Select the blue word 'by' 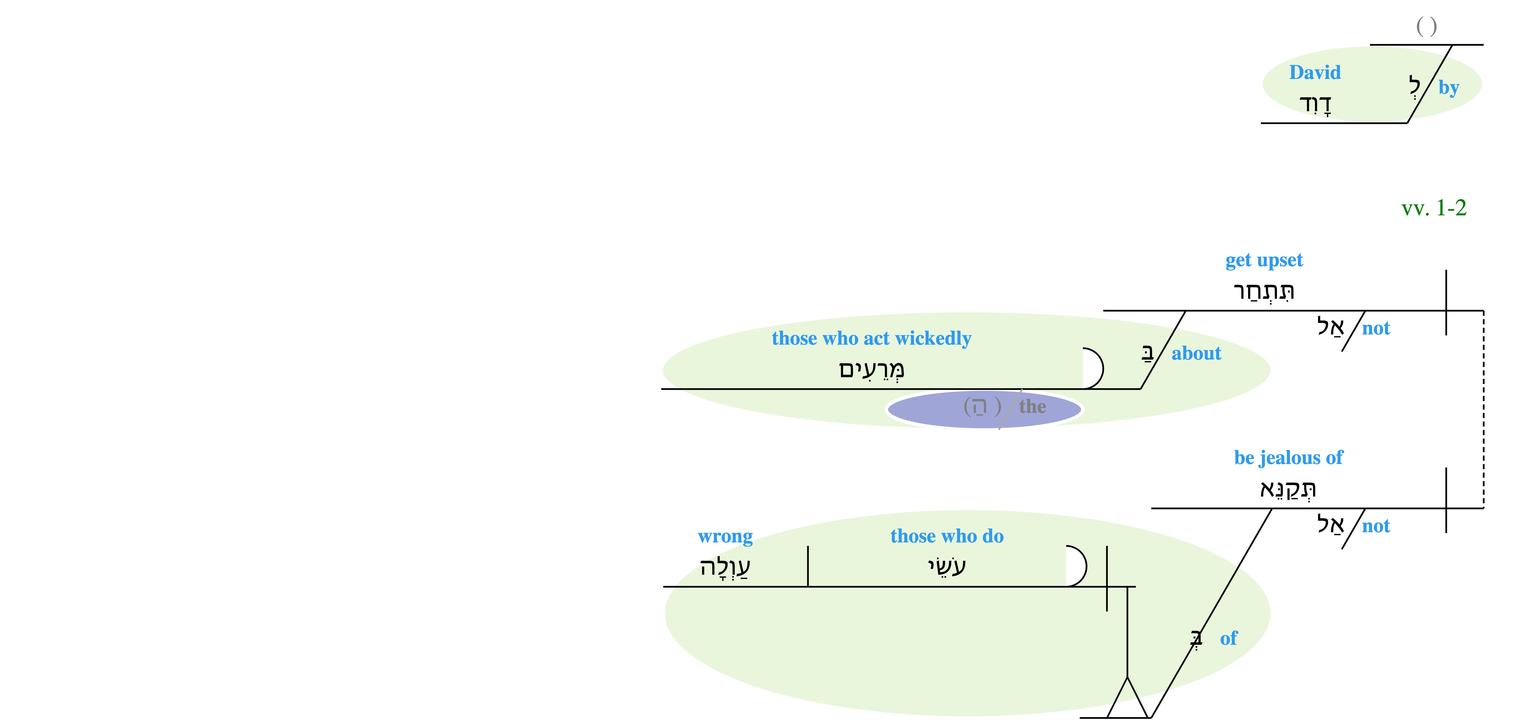tap(1449, 88)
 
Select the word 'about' tap(1196, 354)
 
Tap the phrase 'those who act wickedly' tap(871, 338)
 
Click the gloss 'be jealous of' tap(1288, 458)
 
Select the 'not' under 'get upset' tap(1376, 328)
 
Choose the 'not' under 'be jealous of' tap(1376, 526)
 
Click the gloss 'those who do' tap(947, 536)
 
